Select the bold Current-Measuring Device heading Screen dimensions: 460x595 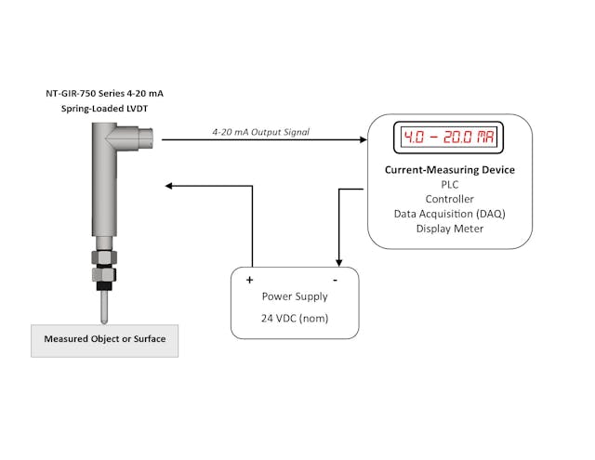tap(450, 170)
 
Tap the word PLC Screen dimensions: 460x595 tap(450, 184)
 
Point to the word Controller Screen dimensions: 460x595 tap(450, 199)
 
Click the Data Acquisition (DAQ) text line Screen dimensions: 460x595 tap(450, 214)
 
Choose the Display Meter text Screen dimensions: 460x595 tap(450, 229)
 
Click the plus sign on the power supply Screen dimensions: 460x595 tap(249, 279)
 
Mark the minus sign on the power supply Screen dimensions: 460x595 tap(335, 279)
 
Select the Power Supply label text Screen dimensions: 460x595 tap(295, 296)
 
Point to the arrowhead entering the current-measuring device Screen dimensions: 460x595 tap(363, 140)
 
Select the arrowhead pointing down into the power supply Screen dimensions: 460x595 tap(337, 263)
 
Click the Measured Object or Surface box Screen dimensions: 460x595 tap(105, 340)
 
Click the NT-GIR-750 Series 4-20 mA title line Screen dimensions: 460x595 tap(105, 94)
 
